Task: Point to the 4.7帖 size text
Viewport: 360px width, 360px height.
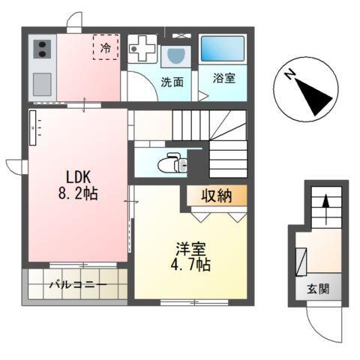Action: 191,265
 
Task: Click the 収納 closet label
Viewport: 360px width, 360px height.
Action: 215,196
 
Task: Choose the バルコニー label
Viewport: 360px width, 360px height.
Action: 78,285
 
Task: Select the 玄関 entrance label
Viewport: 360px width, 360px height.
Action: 318,289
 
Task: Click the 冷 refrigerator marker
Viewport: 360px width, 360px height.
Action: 106,47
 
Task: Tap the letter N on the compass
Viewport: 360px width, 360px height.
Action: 289,75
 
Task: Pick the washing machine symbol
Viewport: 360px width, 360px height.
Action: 142,50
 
